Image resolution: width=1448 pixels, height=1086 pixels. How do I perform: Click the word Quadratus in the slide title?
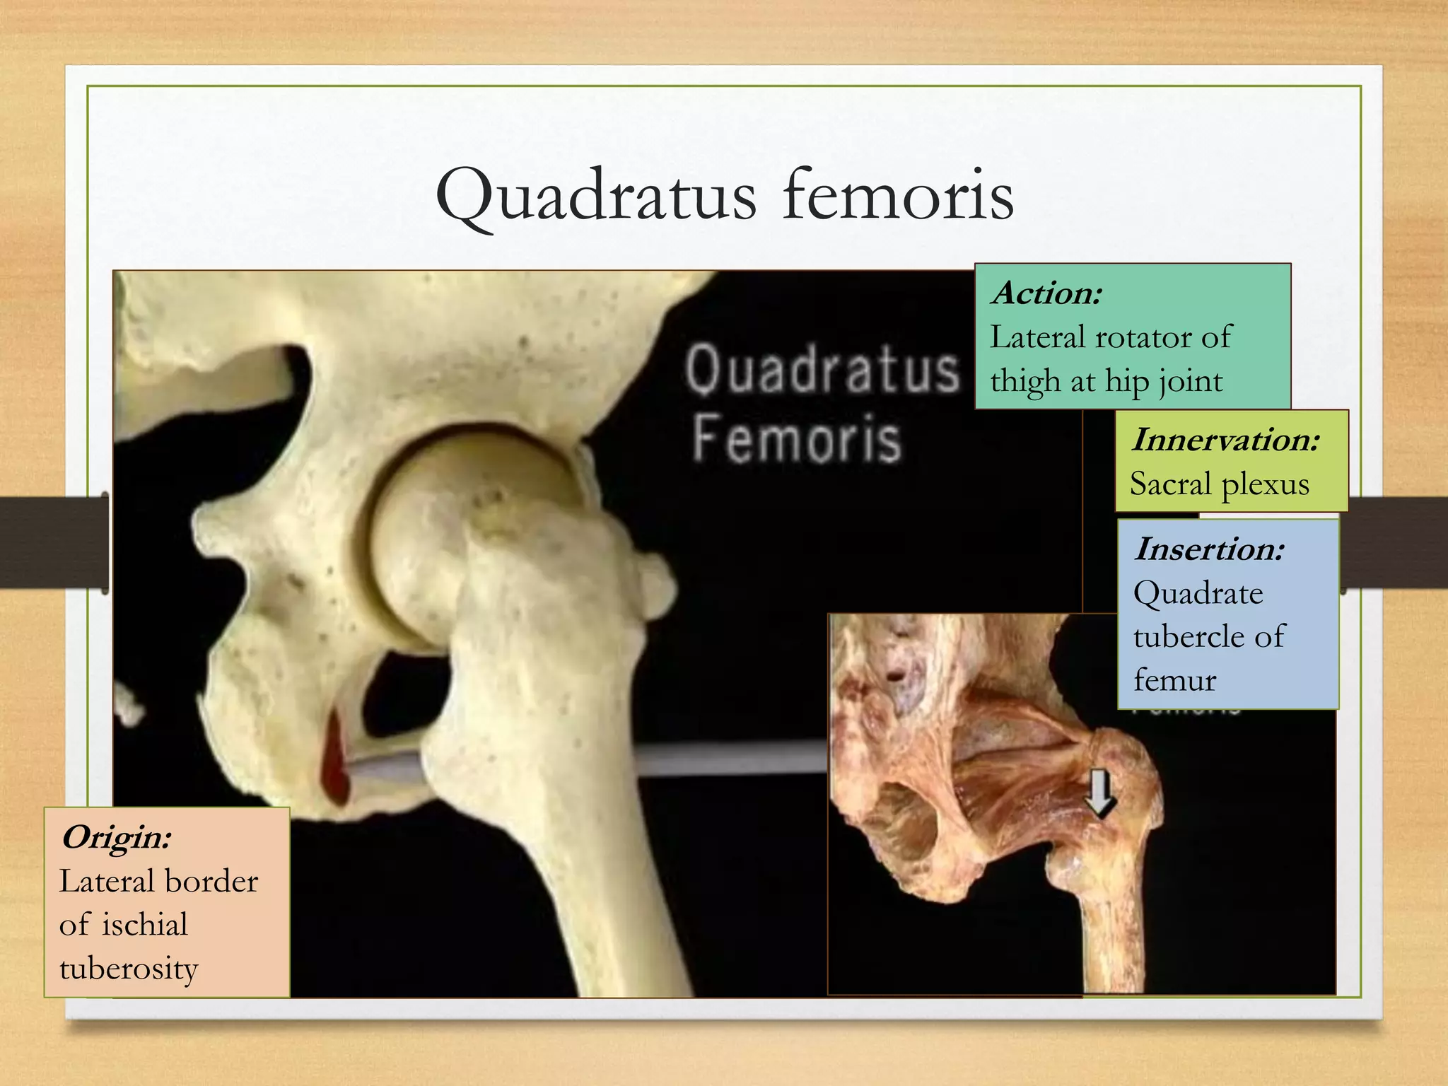click(x=596, y=196)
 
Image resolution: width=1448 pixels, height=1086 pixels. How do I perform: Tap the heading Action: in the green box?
click(x=1046, y=293)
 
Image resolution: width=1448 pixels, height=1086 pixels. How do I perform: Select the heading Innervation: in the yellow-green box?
click(x=1225, y=440)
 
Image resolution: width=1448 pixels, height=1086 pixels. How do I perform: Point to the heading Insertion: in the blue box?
click(x=1209, y=549)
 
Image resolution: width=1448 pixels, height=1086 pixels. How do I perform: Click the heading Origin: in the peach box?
click(x=117, y=838)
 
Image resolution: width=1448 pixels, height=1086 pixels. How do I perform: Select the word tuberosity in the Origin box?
click(x=129, y=969)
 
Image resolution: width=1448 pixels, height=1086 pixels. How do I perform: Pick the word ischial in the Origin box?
click(x=145, y=925)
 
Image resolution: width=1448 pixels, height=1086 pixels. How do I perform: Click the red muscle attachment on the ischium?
click(x=334, y=757)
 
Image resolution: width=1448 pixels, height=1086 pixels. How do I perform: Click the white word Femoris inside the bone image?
click(x=797, y=439)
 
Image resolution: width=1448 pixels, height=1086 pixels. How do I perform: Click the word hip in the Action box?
click(x=1127, y=382)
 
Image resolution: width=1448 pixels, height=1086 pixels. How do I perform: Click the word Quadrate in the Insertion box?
click(x=1198, y=592)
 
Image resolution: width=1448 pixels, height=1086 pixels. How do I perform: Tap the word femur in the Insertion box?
click(x=1174, y=680)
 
